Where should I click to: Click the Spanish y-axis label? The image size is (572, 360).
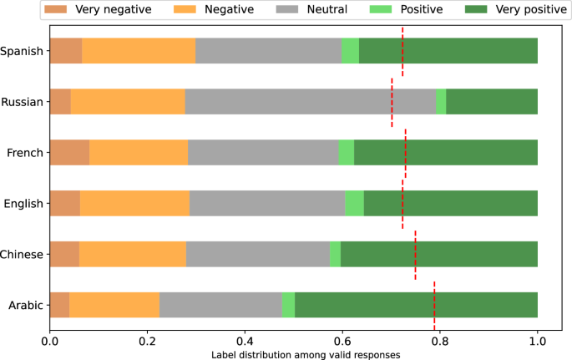tap(23, 51)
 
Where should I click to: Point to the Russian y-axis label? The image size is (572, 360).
tap(23, 102)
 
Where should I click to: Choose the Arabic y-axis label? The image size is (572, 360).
tap(24, 305)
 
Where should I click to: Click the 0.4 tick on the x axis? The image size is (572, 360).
tap(245, 341)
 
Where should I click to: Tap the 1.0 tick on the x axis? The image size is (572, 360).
tap(537, 341)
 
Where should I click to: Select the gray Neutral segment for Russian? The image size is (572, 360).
tap(310, 102)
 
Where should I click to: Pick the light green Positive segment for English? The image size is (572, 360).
tap(354, 204)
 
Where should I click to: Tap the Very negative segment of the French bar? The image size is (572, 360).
tap(69, 153)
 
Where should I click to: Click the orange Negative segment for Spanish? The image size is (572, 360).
tap(139, 51)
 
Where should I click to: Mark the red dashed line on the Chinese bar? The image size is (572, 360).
tap(415, 255)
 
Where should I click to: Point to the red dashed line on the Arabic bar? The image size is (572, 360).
tap(434, 305)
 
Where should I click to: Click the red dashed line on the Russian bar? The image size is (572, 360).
tap(392, 102)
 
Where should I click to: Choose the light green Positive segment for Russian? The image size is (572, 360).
tap(441, 102)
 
